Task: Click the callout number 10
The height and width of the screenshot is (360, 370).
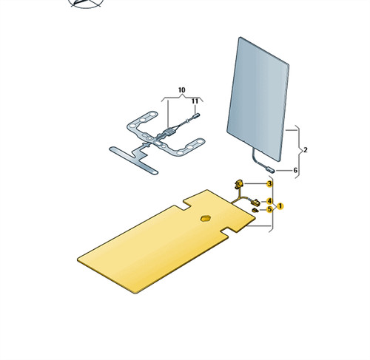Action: coord(181,90)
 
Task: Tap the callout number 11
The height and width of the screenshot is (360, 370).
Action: coord(195,101)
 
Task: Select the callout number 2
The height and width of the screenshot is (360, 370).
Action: coord(306,150)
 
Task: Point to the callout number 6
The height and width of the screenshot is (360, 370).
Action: coord(295,170)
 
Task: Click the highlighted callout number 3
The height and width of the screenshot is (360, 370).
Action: coord(269,183)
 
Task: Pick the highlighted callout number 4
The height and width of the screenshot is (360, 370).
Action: coord(269,201)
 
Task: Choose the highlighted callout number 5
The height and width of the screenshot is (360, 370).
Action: coord(269,209)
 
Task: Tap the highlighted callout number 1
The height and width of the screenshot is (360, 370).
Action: coord(280,206)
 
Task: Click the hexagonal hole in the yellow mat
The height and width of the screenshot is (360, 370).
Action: coord(206,218)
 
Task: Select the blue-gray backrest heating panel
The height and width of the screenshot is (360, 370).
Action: coord(258,98)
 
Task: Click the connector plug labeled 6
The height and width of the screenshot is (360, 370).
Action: coord(269,169)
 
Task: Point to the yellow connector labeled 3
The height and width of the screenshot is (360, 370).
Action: coord(238,184)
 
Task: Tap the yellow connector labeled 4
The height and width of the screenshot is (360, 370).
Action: coord(255,203)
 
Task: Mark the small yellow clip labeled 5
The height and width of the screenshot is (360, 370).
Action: coord(255,210)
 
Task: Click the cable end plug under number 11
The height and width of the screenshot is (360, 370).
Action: coord(196,115)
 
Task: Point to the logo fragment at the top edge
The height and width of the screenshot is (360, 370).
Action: coord(87,4)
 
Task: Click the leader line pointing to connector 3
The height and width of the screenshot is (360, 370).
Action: coord(255,183)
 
